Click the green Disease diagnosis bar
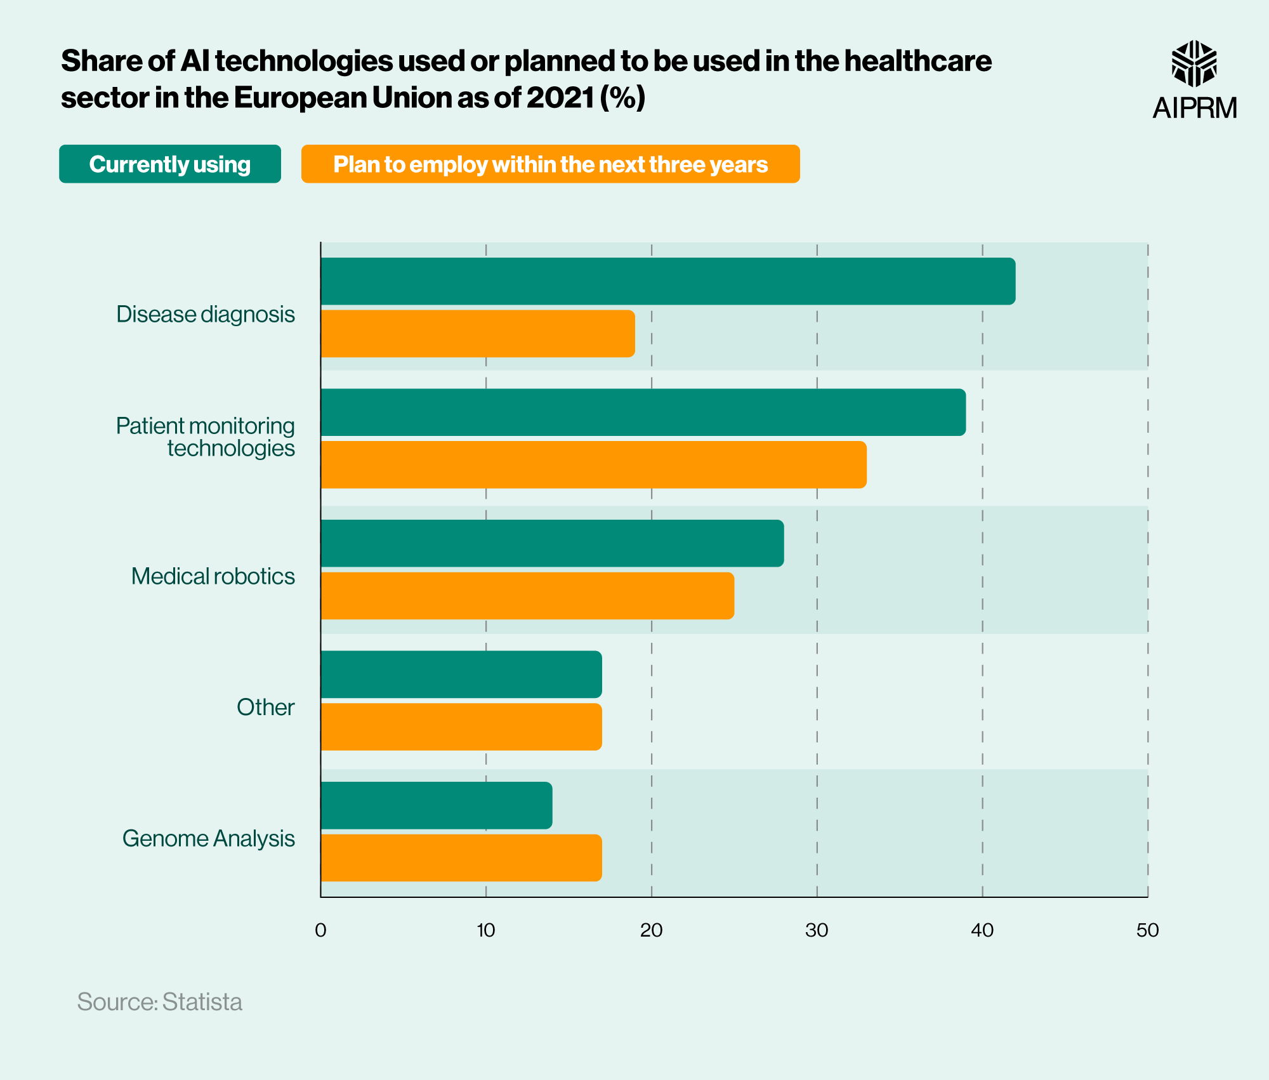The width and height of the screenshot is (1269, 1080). click(x=667, y=281)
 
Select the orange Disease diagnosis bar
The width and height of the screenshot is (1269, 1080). click(x=477, y=334)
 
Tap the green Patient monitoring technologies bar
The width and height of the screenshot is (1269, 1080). click(x=643, y=412)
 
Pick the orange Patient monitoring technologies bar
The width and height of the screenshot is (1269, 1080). click(x=593, y=464)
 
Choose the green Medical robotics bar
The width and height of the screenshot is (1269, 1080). click(x=552, y=543)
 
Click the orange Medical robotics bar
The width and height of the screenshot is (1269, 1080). click(x=527, y=596)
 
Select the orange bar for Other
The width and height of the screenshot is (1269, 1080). click(x=461, y=727)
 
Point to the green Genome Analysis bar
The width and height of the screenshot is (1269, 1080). click(x=436, y=805)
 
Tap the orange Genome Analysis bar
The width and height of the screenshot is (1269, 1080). click(x=461, y=858)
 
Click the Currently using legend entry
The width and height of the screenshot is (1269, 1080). click(x=170, y=164)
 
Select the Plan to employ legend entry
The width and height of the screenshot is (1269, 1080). click(x=550, y=164)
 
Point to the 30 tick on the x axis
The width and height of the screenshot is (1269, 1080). click(x=817, y=930)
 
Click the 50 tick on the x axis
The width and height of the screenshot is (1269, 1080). click(x=1147, y=930)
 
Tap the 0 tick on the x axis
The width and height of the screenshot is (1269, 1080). click(x=320, y=930)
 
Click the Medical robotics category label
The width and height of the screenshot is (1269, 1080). click(x=213, y=576)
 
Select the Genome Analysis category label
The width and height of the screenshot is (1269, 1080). click(x=208, y=838)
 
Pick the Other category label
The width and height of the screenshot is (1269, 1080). click(x=265, y=707)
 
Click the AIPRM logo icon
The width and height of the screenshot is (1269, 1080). click(x=1193, y=63)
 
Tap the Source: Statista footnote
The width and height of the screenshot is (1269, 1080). click(x=160, y=1002)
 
